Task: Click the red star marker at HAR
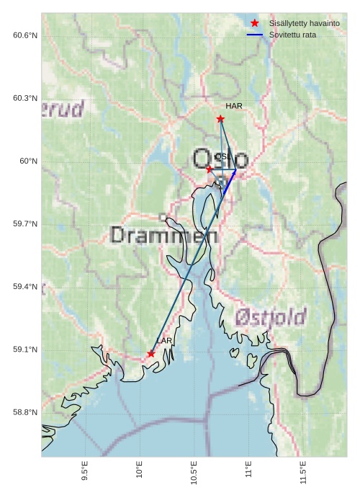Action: [220, 119]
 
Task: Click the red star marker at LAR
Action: [151, 354]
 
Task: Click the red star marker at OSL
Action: [210, 169]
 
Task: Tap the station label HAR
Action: [233, 106]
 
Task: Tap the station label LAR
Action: [164, 340]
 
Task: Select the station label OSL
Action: [222, 156]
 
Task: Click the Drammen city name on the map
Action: [164, 235]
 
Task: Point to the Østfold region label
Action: [271, 316]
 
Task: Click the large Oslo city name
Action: [220, 159]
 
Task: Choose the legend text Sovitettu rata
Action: [292, 35]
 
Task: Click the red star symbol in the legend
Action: [255, 23]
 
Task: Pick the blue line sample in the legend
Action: [255, 35]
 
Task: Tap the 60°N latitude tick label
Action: [28, 161]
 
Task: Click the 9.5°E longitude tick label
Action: [85, 471]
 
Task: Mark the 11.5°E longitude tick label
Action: [303, 471]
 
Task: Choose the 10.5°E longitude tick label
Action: [194, 471]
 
